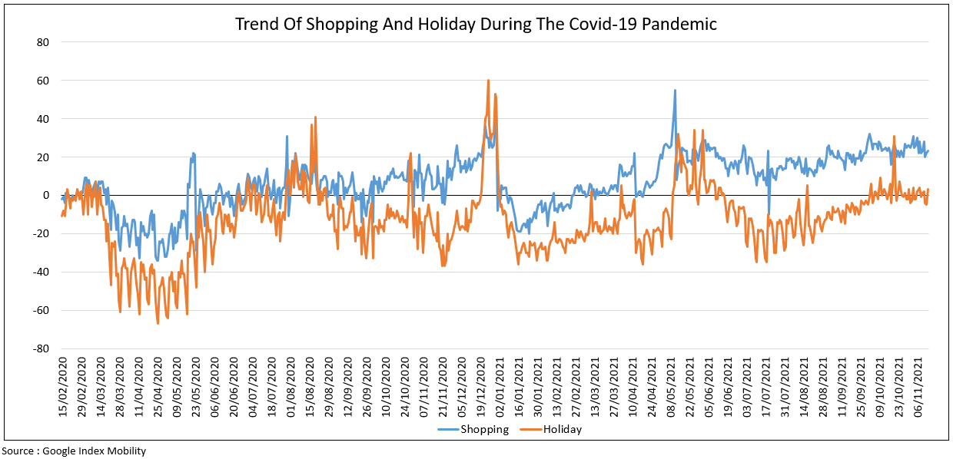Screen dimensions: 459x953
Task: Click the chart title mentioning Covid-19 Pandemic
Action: [x=476, y=24]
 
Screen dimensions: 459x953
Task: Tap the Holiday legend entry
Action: [x=562, y=430]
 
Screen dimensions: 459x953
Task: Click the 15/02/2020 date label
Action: [x=63, y=388]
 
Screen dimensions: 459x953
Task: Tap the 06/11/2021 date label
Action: [x=918, y=388]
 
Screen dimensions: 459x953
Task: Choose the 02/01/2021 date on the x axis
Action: [x=498, y=388]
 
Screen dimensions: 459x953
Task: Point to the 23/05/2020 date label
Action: [x=195, y=388]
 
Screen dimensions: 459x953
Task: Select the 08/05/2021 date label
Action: [x=670, y=388]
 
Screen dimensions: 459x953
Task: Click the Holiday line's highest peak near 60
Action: [x=488, y=80]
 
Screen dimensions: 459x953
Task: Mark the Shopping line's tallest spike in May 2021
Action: [x=675, y=90]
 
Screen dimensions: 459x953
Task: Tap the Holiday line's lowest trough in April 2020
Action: [x=158, y=323]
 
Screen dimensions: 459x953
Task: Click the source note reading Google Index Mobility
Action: [x=74, y=451]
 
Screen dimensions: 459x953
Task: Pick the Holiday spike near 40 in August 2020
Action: [x=315, y=117]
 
